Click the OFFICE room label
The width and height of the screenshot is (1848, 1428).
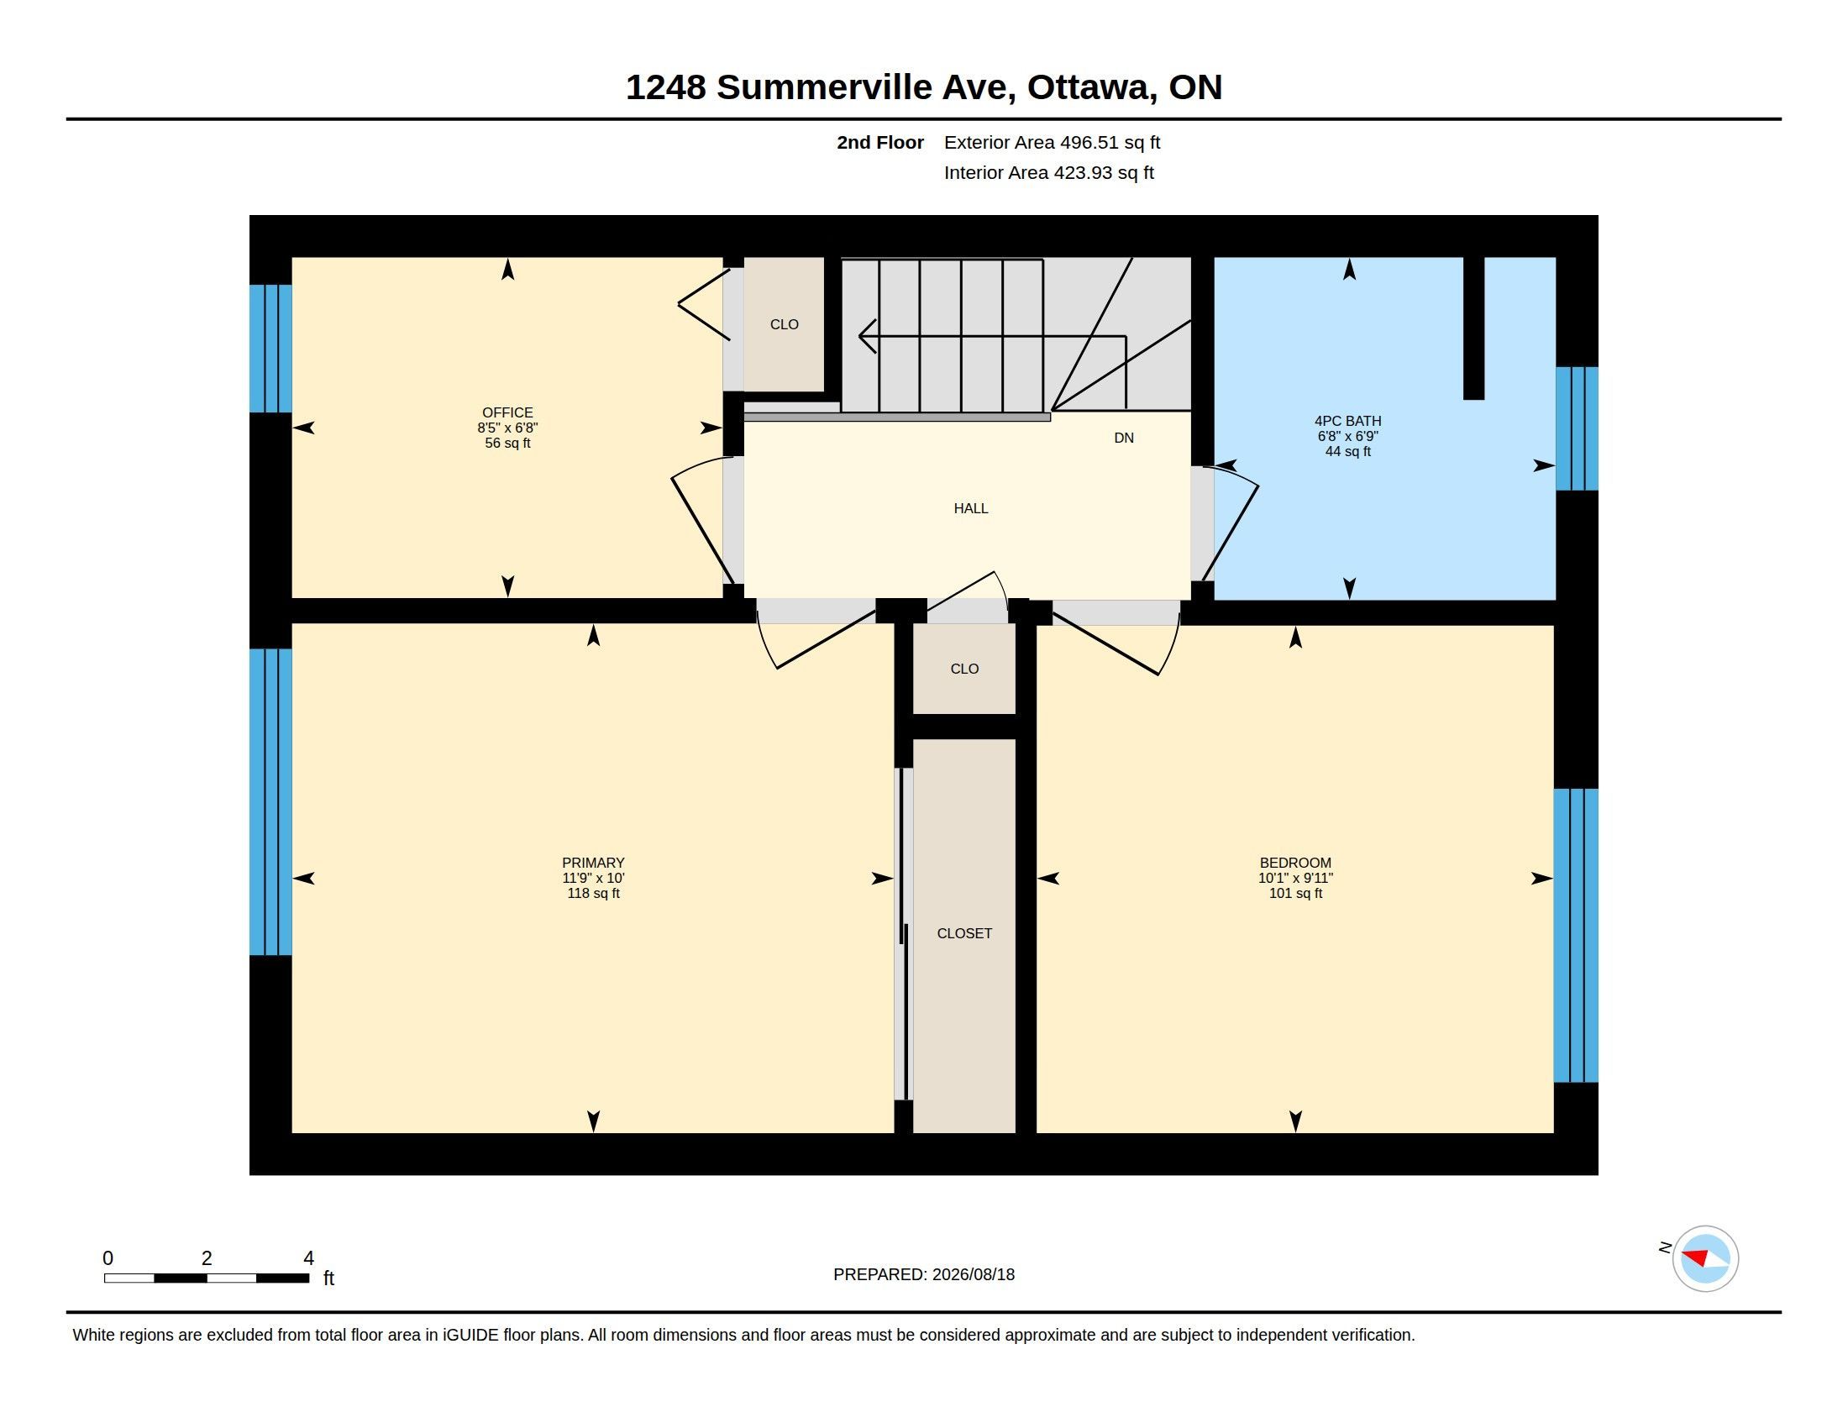507,412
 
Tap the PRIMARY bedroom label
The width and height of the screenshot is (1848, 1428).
593,863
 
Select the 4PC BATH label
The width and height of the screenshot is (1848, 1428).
1348,421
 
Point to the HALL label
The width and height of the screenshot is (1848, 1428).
970,508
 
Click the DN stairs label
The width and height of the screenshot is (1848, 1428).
1124,438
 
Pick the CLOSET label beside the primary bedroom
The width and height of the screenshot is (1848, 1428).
964,933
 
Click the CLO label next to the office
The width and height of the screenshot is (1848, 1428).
785,324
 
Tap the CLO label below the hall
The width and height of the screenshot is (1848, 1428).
964,669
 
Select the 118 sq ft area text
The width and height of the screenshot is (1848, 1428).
593,894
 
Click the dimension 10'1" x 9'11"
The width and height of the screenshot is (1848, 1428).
1295,878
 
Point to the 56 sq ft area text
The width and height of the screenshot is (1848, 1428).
507,444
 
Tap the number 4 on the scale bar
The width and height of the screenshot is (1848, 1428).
309,1258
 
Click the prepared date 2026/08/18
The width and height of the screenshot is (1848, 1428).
973,1274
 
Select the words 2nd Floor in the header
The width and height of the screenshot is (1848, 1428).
880,142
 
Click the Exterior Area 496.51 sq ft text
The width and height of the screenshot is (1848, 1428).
1052,142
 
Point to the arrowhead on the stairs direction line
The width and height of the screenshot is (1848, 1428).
867,336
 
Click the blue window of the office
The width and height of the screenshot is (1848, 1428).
270,349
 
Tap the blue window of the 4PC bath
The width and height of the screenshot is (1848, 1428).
1578,428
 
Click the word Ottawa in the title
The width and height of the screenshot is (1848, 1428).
1091,87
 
